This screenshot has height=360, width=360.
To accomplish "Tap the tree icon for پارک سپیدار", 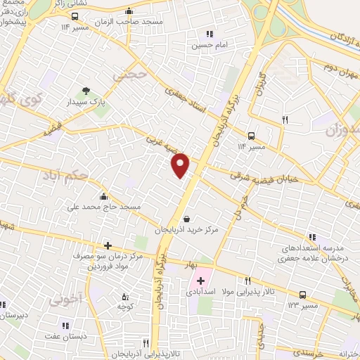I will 86,91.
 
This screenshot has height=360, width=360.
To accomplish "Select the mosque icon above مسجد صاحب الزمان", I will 128,12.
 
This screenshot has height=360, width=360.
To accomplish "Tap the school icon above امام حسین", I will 209,33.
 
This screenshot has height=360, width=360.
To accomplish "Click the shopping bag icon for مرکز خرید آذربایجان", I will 186,219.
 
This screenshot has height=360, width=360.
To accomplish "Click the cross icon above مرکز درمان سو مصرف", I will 107,245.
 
